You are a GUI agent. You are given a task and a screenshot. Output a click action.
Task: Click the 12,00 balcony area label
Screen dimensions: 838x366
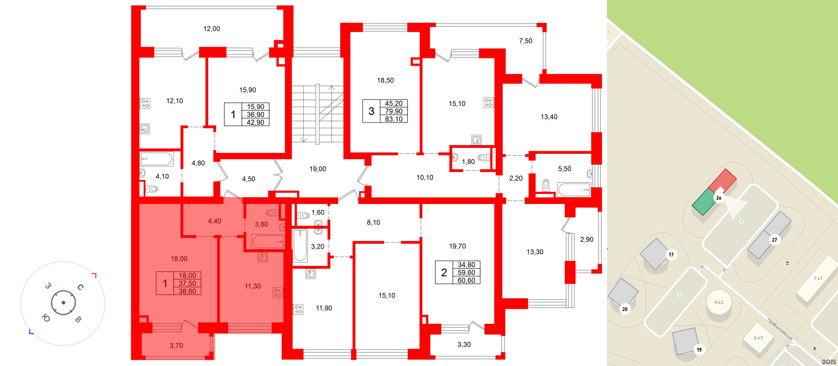[211, 29]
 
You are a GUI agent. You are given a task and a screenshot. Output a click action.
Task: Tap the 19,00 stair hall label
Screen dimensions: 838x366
[317, 169]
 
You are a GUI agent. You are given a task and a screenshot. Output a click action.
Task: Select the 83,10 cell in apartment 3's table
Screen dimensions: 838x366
[394, 119]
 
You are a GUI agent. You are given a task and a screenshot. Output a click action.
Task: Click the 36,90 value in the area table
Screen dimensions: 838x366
[255, 114]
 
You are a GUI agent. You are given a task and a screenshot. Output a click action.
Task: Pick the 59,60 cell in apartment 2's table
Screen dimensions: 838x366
[466, 272]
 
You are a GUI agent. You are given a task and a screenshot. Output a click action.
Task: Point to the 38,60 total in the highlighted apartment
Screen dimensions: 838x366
[187, 291]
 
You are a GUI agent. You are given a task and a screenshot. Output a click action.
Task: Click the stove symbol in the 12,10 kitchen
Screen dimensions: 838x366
[145, 103]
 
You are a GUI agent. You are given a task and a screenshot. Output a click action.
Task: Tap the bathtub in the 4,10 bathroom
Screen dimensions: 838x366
[156, 159]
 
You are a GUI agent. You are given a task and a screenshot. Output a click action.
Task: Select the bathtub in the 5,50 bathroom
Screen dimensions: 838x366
[574, 189]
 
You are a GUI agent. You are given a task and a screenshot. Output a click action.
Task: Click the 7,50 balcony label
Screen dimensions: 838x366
[525, 41]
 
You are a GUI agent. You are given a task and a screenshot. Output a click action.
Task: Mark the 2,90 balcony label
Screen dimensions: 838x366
[586, 239]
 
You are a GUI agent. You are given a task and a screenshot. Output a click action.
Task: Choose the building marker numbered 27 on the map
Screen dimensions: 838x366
[774, 240]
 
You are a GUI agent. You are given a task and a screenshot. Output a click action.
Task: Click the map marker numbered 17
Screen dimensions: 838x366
[671, 255]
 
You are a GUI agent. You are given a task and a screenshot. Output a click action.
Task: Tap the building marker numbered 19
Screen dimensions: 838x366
[699, 350]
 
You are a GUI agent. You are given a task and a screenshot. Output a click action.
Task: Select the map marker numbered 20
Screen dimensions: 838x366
[625, 309]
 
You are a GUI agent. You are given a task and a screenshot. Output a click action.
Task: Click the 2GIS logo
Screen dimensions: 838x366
[829, 362]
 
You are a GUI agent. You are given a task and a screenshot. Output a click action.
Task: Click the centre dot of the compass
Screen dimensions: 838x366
[63, 303]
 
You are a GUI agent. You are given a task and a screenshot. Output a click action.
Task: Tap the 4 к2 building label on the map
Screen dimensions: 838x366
[719, 302]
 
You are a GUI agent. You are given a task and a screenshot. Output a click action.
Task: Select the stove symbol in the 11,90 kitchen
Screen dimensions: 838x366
[298, 310]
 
